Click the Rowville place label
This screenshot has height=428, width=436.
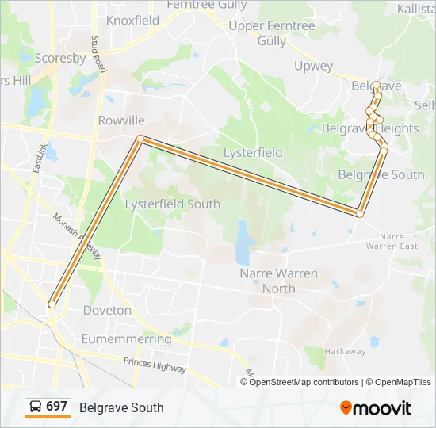tap(121, 120)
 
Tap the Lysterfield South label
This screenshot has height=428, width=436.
tap(173, 204)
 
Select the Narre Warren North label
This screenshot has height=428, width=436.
tap(278, 281)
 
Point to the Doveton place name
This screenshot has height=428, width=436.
tap(107, 310)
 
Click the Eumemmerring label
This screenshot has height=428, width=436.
tap(126, 339)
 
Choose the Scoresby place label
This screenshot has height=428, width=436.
tap(60, 58)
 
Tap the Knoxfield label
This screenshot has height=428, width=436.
tap(132, 21)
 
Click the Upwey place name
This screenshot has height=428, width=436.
tap(313, 66)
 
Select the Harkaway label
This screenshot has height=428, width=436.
tap(346, 350)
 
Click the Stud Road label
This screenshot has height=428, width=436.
tap(98, 54)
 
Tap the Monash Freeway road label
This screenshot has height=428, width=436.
tap(77, 236)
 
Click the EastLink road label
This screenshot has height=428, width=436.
tap(38, 159)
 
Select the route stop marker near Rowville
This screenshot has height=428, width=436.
tap(140, 139)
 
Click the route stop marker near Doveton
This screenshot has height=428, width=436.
tap(52, 304)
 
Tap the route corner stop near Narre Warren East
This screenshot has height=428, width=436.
tap(360, 214)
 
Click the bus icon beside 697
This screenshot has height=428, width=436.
tap(36, 407)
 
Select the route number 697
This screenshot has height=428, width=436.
tap(56, 407)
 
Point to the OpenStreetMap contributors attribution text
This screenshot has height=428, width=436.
tap(304, 382)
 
